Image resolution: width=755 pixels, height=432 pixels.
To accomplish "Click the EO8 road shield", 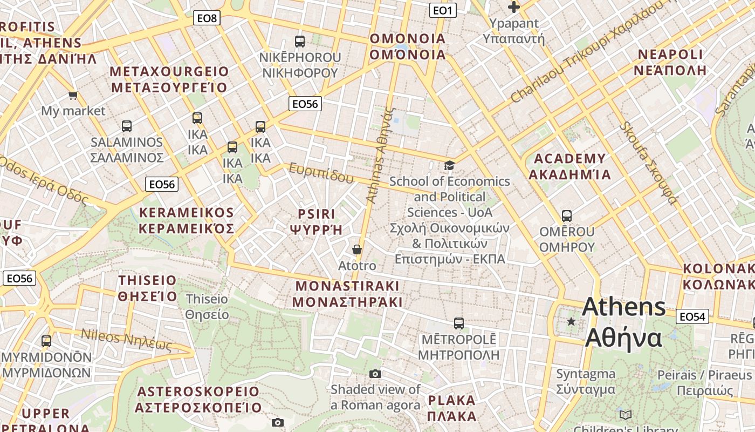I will click(207, 18).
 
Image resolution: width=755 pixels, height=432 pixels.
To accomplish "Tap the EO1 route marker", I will click(443, 10).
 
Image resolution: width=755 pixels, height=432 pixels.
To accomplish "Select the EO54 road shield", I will click(692, 316).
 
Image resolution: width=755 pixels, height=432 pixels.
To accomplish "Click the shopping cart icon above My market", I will click(73, 96).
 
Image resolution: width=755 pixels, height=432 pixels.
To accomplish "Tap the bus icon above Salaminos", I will click(127, 126).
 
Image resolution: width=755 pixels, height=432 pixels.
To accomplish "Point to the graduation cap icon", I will click(449, 165).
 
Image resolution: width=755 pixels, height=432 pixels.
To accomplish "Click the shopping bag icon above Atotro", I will click(356, 249).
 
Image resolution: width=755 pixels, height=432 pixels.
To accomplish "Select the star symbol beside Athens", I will click(571, 322).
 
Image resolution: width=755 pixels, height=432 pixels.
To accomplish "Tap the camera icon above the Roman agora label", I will click(375, 374).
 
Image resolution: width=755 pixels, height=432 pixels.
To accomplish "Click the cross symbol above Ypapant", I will click(514, 7).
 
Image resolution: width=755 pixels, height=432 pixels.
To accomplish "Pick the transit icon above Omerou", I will click(567, 216).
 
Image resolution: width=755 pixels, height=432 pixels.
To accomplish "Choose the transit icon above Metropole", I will click(459, 323).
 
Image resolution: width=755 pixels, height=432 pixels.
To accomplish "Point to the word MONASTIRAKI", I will click(348, 286).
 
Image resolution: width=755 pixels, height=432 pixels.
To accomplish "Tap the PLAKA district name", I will click(452, 401).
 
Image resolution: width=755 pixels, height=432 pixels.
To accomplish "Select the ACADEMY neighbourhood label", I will click(569, 159).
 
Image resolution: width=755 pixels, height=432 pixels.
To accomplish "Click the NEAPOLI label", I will click(670, 55).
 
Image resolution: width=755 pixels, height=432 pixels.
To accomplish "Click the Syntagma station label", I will click(586, 374).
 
